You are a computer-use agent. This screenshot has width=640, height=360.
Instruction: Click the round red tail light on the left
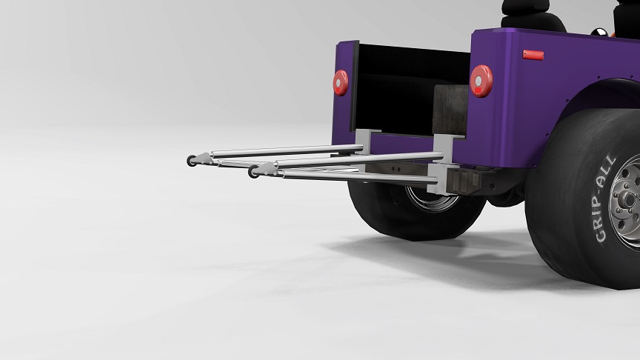341,82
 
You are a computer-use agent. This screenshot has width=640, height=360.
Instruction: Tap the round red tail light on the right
481,81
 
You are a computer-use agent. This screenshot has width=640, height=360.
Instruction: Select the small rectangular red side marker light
533,55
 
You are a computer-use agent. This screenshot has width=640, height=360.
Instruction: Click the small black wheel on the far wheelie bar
191,161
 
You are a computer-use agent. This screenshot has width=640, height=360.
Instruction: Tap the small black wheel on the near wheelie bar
253,172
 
